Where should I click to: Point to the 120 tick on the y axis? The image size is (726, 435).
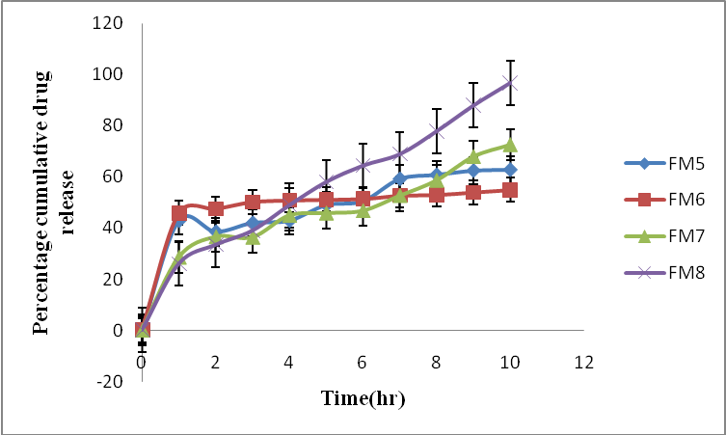107,23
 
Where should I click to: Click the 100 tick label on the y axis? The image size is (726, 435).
107,74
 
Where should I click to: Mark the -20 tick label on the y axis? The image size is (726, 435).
110,381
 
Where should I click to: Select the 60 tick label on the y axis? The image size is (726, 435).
111,177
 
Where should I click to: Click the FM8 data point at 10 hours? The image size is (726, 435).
510,83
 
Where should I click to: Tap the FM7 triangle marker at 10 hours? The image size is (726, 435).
510,146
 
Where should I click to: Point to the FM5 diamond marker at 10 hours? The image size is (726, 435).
510,170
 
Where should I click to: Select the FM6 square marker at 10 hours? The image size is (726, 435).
510,190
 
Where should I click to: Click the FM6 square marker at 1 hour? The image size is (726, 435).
178,213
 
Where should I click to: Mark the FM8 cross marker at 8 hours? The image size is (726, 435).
437,131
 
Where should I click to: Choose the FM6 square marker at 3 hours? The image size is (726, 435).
253,203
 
